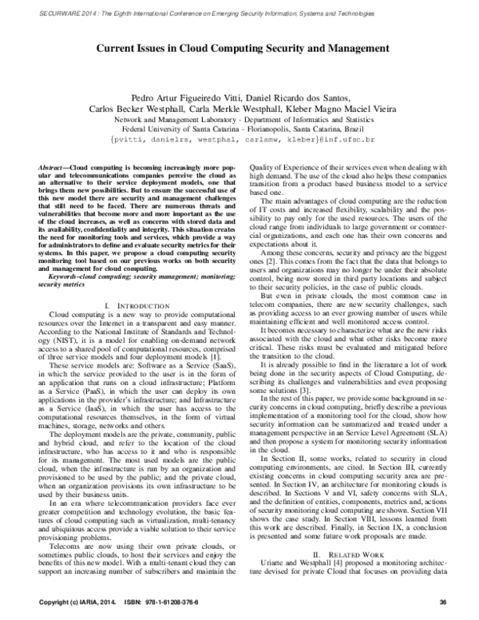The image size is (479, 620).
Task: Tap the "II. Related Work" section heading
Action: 358,553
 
